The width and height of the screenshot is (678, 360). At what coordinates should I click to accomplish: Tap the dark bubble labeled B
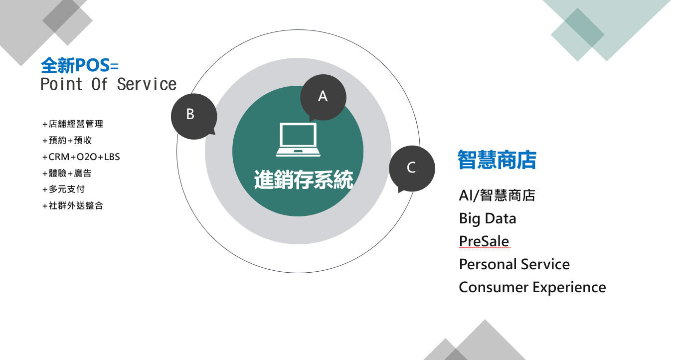point(194,116)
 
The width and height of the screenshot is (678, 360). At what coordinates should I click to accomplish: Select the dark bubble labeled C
point(412,169)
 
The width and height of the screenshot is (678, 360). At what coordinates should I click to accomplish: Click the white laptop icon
point(298,140)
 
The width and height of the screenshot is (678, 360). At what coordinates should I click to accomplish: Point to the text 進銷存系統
point(304,180)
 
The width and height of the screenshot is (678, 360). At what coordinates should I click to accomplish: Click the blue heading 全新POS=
point(80,65)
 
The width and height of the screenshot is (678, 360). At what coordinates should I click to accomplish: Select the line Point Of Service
point(108,84)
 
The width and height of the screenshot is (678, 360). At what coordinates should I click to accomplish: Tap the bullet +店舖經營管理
point(73,124)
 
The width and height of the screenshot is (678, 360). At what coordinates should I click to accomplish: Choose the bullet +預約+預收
point(67,140)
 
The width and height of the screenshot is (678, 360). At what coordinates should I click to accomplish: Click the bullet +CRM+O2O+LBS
point(81,157)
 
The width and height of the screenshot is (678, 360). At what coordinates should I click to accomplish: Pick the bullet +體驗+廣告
point(67,173)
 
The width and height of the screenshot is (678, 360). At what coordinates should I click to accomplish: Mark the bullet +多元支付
point(64,189)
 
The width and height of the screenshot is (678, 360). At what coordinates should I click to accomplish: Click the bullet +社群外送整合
point(73,205)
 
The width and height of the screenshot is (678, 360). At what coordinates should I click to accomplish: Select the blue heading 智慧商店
point(497,160)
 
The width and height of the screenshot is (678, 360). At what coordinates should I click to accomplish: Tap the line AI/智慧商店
point(497,195)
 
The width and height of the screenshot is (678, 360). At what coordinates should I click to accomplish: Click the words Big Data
point(488,218)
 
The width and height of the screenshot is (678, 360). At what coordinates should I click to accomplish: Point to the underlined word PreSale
point(484,242)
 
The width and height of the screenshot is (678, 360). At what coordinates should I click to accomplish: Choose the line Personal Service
point(514,264)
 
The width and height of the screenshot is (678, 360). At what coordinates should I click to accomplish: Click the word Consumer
point(494,287)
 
